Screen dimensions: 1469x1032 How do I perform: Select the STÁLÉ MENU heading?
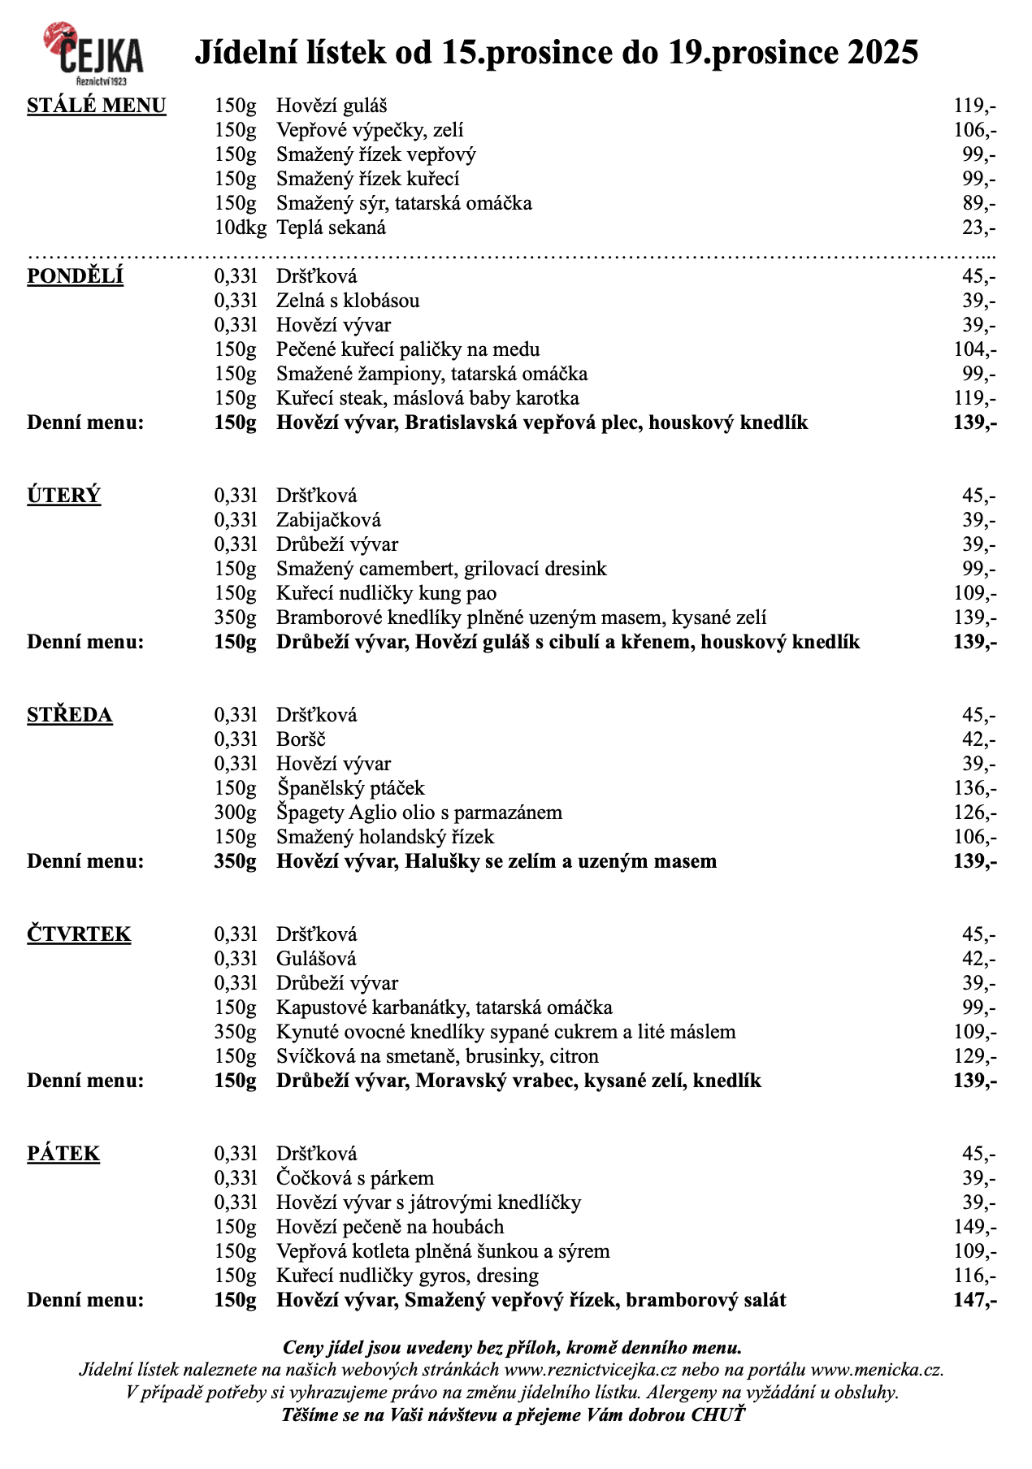tap(97, 106)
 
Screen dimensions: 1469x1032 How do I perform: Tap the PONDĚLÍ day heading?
tap(76, 277)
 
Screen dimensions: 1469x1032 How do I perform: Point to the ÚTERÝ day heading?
tap(64, 496)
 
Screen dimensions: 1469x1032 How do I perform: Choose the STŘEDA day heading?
tap(70, 716)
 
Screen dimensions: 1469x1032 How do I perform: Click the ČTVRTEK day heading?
tap(79, 935)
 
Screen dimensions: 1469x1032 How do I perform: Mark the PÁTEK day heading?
tap(63, 1155)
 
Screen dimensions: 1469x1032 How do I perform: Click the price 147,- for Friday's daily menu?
tap(974, 1300)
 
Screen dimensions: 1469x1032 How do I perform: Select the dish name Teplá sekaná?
tap(331, 228)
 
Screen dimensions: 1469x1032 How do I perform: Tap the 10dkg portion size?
tap(240, 228)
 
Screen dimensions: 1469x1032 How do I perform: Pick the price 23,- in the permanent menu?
tap(978, 228)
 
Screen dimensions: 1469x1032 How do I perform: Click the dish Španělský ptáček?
tap(350, 788)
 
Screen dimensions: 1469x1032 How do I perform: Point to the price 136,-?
tap(974, 788)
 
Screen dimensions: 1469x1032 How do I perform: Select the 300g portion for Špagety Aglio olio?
tap(235, 812)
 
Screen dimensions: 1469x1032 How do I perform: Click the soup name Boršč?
tap(301, 740)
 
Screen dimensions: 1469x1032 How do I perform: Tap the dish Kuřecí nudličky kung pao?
tap(386, 594)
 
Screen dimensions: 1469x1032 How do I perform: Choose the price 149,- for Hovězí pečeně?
tap(974, 1227)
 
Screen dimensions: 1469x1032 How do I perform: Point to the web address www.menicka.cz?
tap(877, 1370)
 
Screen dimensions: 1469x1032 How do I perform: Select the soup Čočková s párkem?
tap(354, 1178)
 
